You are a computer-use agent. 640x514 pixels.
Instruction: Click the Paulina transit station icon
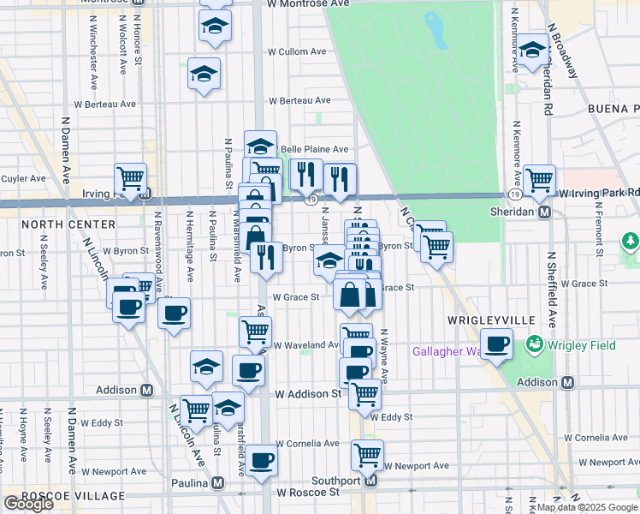[218, 482]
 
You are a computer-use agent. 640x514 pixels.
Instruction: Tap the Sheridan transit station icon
[543, 212]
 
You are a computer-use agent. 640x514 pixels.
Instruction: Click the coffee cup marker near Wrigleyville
[497, 345]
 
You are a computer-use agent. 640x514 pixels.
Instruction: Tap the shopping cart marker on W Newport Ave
[367, 455]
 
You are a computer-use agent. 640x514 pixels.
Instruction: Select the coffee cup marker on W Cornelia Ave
[263, 459]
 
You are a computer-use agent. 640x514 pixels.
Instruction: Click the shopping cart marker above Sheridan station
[539, 180]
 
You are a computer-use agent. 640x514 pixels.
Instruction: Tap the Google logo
[28, 504]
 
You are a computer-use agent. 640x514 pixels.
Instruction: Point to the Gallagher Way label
[450, 351]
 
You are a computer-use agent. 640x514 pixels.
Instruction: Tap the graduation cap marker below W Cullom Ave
[204, 75]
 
